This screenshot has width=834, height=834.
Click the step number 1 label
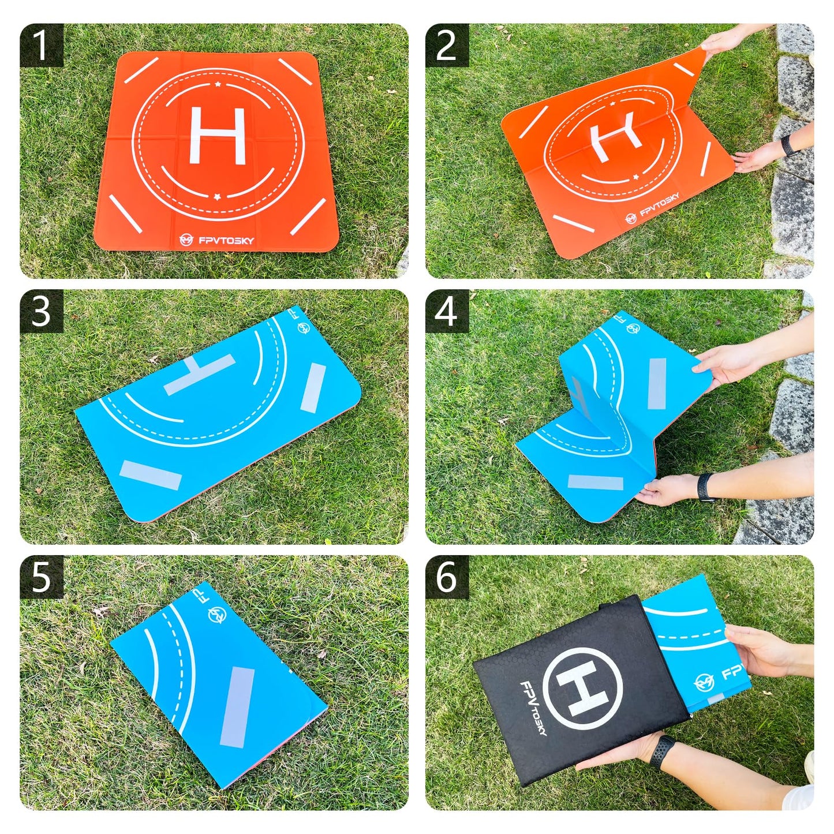tap(41, 46)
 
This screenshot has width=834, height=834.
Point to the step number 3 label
tap(41, 312)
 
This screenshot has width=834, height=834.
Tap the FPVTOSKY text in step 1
tap(226, 240)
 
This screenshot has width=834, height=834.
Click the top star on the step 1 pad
tap(218, 85)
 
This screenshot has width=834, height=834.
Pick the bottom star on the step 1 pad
tap(217, 196)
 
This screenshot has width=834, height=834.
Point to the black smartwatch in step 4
tap(705, 487)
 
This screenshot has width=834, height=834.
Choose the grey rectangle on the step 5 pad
tap(237, 706)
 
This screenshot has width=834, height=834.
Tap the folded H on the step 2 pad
tap(614, 136)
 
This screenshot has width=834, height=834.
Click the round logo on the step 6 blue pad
tap(705, 683)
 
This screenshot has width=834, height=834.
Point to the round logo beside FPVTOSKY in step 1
tap(186, 239)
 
